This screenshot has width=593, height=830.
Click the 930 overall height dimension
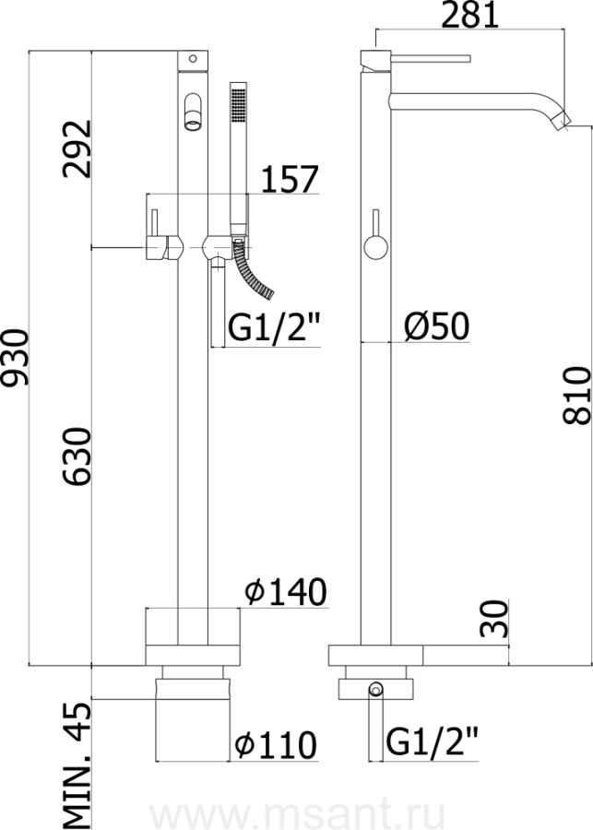point(15,359)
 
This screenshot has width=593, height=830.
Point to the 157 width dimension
point(291,179)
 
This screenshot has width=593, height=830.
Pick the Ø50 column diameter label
point(436,326)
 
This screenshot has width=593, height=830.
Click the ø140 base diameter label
point(286,592)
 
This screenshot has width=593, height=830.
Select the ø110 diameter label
point(276,745)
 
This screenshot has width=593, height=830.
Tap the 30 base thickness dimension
point(494,618)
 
